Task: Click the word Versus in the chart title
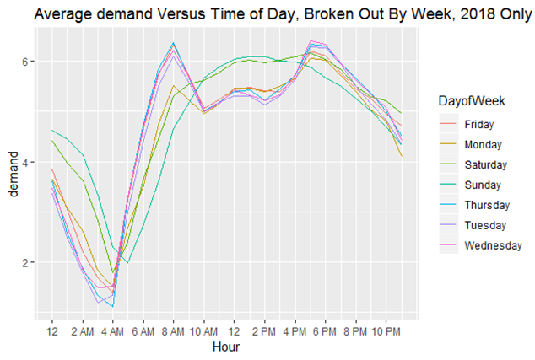point(180,14)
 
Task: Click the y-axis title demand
point(14,175)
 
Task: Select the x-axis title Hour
point(226,347)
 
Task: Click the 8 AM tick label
point(173,331)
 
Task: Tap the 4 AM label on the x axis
point(112,331)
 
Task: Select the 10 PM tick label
point(386,331)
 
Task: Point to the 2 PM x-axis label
point(264,331)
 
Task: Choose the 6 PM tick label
point(325,331)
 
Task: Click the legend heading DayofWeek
point(472,101)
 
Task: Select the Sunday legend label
point(483,185)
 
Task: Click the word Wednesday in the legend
point(494,246)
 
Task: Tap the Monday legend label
point(484,145)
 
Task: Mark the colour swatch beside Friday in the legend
point(449,123)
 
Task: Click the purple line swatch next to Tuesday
point(449,224)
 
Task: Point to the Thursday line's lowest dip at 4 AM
point(112,307)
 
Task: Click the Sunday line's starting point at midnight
point(51,130)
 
